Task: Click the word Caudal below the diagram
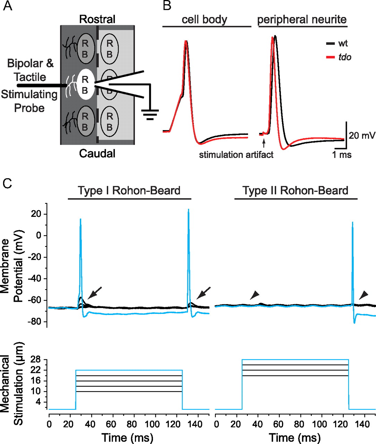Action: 97,153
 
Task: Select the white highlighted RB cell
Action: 85,84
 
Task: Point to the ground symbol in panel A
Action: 150,114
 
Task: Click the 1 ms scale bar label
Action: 342,155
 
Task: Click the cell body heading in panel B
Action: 205,19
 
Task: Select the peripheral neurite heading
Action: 302,19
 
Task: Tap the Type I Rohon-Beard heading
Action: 129,190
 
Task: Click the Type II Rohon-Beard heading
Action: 296,190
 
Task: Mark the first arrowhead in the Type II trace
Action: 254,295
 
